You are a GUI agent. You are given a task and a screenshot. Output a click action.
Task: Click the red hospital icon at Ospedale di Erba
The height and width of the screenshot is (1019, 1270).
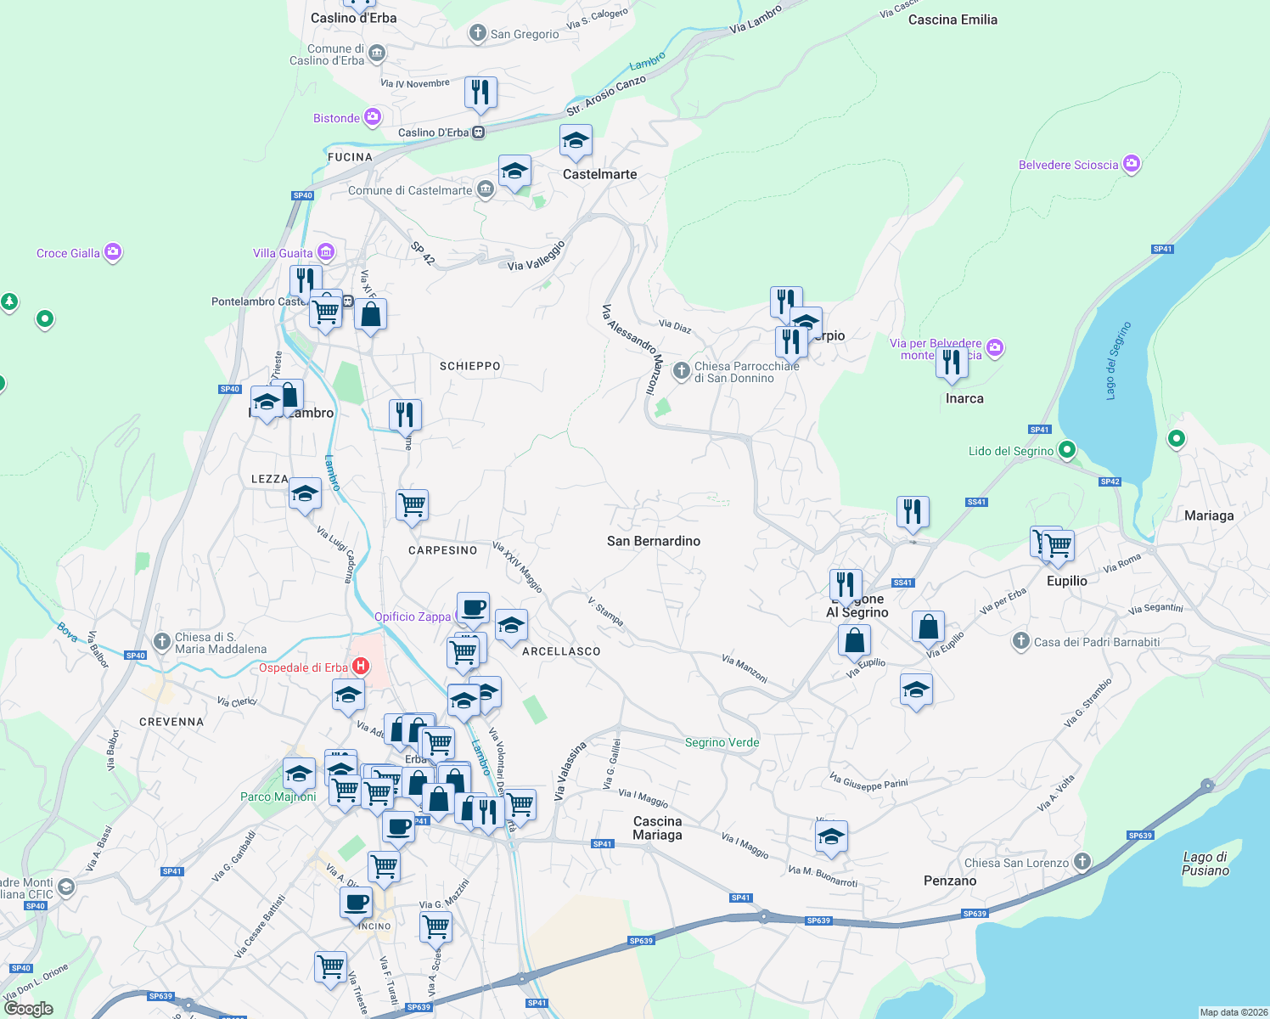point(362,667)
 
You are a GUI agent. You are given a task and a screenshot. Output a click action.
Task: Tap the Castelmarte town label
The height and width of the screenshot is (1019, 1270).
point(599,174)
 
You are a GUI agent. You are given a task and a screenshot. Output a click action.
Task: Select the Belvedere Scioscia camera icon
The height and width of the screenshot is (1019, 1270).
point(1132,164)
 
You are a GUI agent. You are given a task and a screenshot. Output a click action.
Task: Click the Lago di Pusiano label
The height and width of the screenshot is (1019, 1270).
point(1205,864)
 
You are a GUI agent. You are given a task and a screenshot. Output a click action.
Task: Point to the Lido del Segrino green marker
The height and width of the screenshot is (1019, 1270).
point(1068,450)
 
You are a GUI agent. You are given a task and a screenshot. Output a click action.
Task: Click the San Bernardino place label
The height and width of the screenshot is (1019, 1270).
point(654,541)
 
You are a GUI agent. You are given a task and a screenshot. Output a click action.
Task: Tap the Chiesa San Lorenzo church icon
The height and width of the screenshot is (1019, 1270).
point(1082,862)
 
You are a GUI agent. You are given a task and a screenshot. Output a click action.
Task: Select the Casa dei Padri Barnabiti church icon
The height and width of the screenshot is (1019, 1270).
point(1021,641)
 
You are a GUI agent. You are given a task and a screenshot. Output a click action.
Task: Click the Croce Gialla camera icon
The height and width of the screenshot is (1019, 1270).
point(113,252)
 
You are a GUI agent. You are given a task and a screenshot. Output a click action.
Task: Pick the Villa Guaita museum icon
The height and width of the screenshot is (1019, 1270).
point(326,252)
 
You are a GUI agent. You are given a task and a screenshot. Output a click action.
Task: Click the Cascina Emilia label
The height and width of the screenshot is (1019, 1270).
point(952,20)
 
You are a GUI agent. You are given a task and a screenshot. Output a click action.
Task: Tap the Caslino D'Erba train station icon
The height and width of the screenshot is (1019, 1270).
point(479,132)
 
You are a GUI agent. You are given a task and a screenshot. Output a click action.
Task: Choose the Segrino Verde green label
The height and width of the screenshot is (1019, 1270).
point(722,742)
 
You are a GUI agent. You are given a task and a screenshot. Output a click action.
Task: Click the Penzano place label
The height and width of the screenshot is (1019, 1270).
point(950,881)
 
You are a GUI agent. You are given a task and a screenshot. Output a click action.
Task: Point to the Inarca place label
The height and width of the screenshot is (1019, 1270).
point(964,398)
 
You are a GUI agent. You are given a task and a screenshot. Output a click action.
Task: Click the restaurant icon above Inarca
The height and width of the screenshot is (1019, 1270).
point(952,362)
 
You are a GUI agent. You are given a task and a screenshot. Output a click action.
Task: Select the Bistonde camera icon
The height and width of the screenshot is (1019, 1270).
point(373,117)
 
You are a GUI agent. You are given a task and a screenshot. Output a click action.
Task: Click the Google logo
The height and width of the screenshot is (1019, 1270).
point(29,1008)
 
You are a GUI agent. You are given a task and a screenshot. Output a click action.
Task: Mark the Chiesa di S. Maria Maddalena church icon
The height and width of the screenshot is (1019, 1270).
point(162,642)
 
